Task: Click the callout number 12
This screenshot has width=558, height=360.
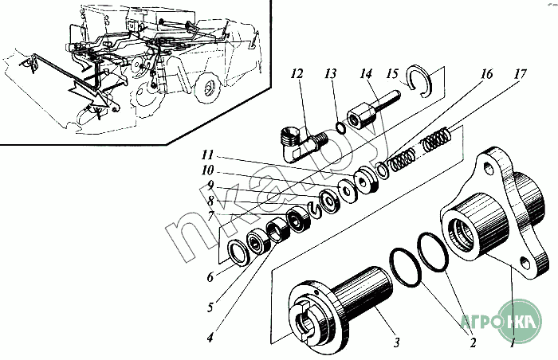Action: pyautogui.click(x=297, y=73)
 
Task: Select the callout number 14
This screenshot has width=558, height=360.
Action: pyautogui.click(x=366, y=73)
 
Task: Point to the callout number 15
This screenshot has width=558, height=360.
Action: pyautogui.click(x=392, y=73)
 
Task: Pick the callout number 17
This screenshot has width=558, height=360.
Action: pyautogui.click(x=520, y=74)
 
